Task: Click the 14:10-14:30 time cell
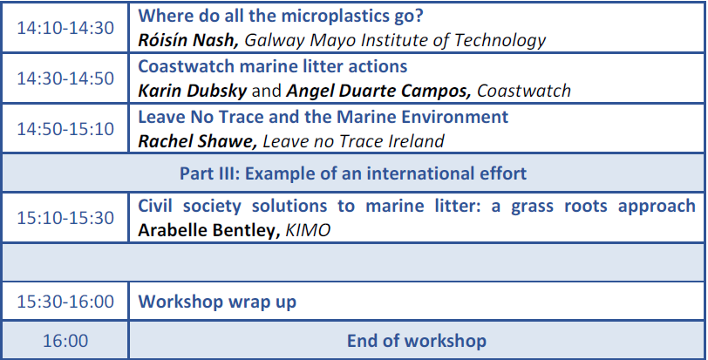point(65,28)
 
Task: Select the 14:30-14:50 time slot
point(65,78)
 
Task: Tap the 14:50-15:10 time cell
point(65,129)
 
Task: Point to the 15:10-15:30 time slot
point(65,218)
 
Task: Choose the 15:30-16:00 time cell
point(65,302)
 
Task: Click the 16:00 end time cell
point(65,341)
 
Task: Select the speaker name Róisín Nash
point(187,40)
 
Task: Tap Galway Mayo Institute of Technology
point(395,41)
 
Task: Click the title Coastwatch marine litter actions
point(273,66)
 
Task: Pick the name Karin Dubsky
point(193,91)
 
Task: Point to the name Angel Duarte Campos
point(378,92)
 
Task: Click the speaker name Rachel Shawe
point(197,141)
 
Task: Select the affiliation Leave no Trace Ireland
point(353,141)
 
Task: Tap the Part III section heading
point(353,173)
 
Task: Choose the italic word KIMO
point(308,230)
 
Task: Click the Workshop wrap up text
point(217,302)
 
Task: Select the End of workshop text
point(416,341)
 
